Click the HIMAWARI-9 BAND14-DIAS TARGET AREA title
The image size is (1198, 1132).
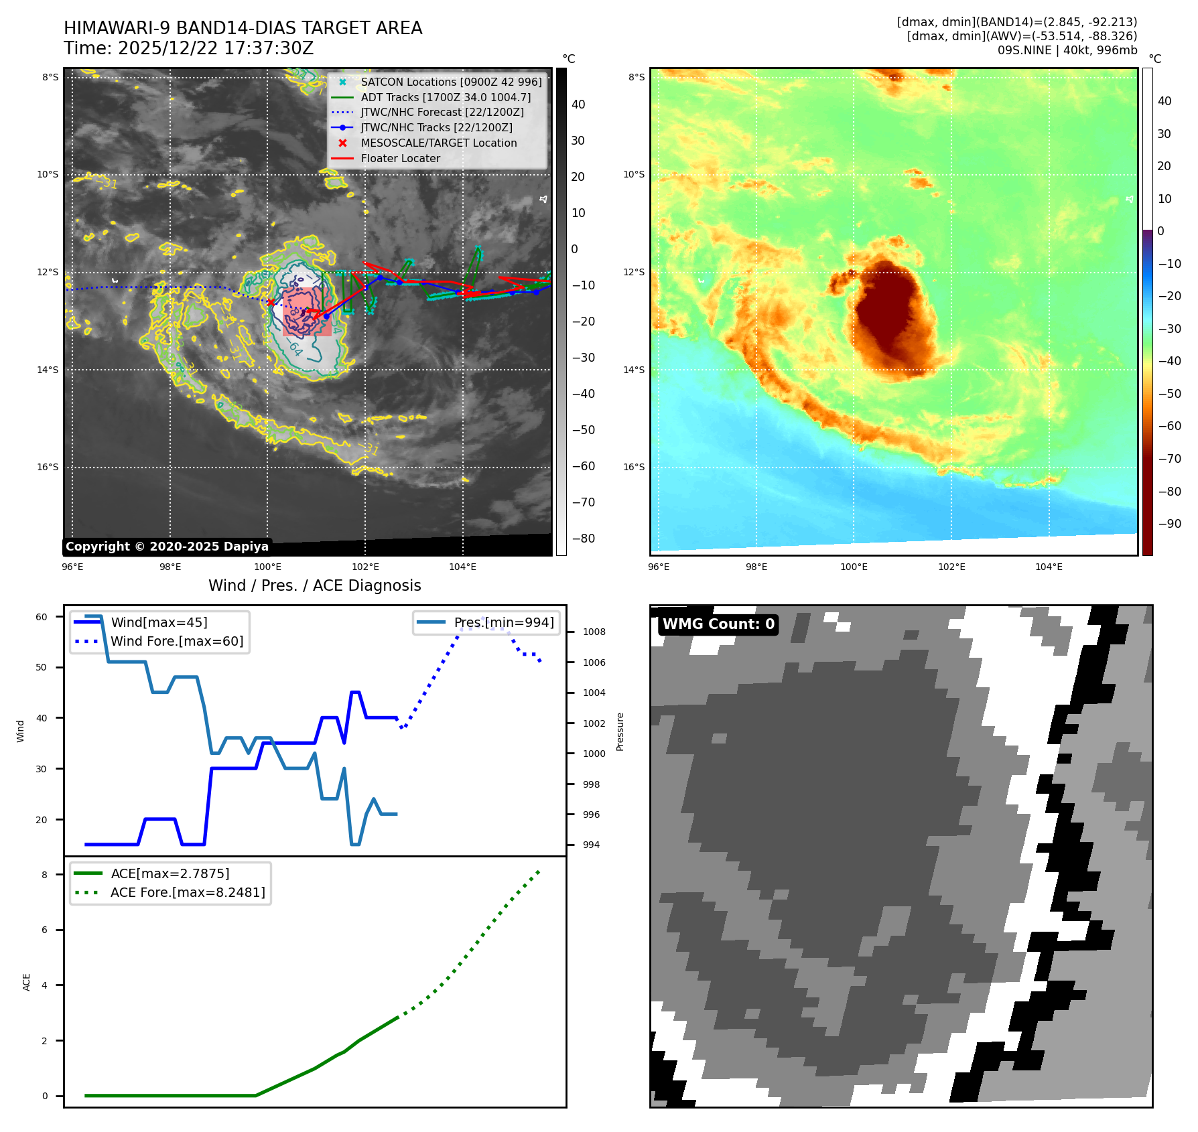point(243,28)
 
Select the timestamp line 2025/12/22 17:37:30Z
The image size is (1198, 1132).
point(188,48)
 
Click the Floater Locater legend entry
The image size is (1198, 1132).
point(400,158)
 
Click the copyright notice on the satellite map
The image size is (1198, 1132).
point(167,547)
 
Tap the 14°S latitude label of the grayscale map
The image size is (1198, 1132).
point(48,370)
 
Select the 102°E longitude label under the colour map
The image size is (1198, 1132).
point(951,567)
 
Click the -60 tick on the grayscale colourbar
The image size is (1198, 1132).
point(582,466)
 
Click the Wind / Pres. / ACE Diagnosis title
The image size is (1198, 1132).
point(314,585)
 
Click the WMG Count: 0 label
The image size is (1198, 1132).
point(718,624)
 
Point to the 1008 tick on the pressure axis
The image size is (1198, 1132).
point(594,632)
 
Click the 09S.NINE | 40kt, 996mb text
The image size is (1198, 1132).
point(1067,50)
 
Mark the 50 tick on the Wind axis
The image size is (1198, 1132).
point(42,667)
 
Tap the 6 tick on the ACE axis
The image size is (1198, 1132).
point(44,930)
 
